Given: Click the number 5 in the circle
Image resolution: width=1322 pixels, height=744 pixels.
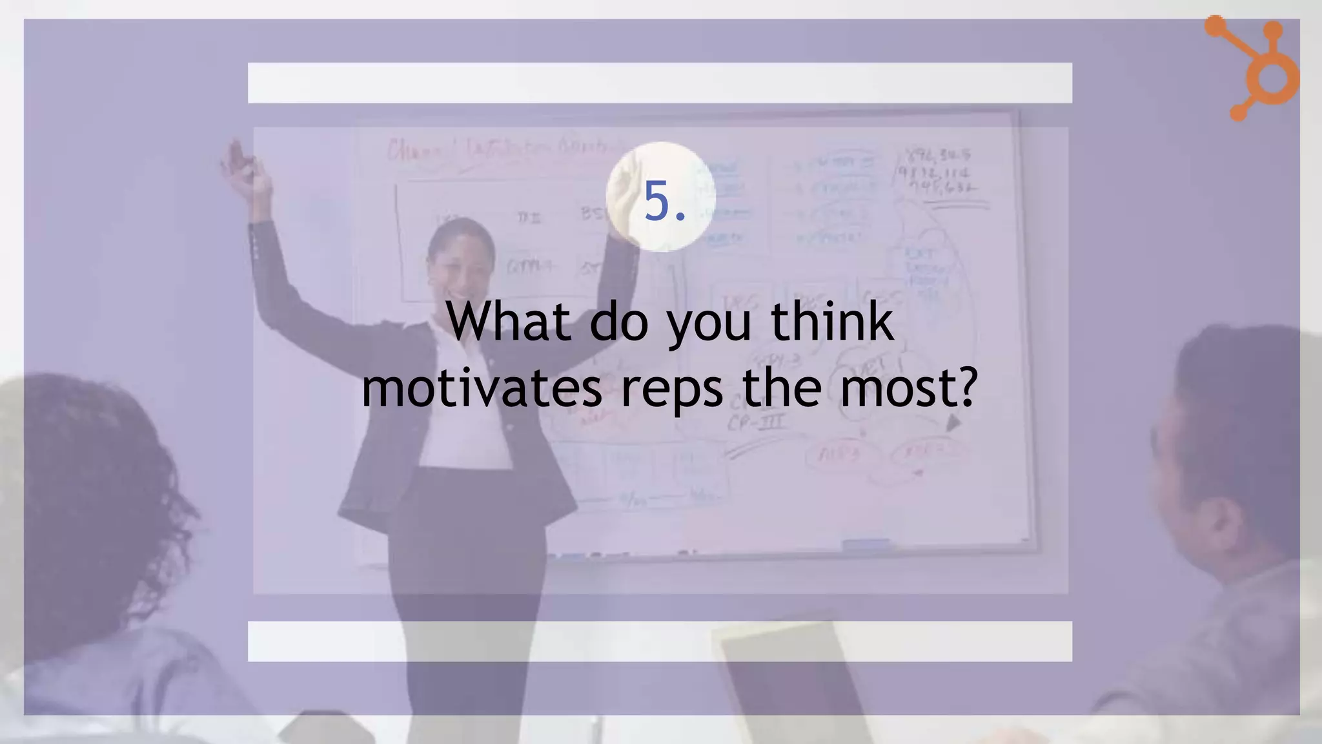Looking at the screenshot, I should click(657, 200).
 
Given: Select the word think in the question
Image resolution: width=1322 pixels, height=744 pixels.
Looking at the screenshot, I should click(832, 321).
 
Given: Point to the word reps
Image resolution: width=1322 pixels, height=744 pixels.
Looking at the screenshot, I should click(672, 389).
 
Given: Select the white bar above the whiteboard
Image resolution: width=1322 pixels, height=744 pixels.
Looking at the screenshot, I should click(660, 83).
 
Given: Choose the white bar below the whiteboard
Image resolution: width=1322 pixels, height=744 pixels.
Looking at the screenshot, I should click(660, 641).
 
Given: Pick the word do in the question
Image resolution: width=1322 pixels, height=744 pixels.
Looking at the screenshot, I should click(618, 321).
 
